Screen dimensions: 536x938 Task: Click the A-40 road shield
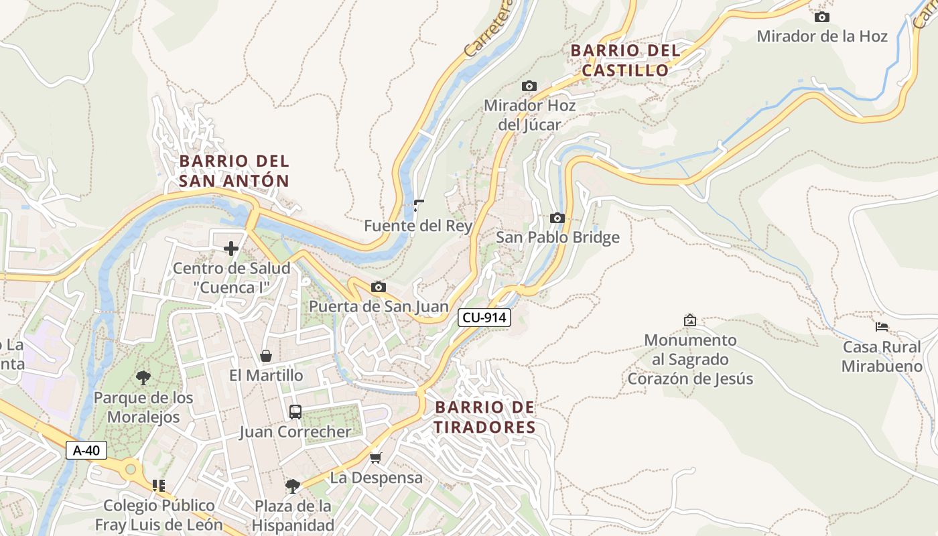tap(86, 450)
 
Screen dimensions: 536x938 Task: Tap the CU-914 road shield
tap(484, 318)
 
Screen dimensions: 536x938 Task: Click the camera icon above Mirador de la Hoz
tap(821, 17)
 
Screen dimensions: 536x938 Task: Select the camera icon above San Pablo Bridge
tap(557, 218)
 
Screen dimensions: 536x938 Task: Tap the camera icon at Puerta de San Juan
tap(378, 287)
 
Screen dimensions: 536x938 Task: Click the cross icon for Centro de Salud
tap(231, 249)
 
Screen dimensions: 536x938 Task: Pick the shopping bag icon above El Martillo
tap(266, 356)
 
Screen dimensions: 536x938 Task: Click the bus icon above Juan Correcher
tap(295, 411)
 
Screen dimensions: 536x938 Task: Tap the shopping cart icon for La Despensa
tap(375, 458)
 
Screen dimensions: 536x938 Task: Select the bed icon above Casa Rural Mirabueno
tap(882, 327)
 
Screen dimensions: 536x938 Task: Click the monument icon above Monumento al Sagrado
tap(689, 320)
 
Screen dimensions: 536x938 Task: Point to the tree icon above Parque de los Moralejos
tap(143, 378)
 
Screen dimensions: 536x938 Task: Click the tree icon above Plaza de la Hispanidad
tap(292, 486)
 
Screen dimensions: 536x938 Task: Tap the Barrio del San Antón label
tap(234, 171)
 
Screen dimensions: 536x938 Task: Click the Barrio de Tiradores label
tap(484, 417)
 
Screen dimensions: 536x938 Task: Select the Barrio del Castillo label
tap(625, 60)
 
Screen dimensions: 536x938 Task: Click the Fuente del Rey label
tap(418, 226)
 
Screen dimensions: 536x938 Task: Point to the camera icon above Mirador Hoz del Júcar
tap(529, 86)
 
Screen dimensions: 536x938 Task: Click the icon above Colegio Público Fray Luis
tap(158, 485)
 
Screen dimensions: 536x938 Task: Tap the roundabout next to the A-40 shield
tap(131, 468)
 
